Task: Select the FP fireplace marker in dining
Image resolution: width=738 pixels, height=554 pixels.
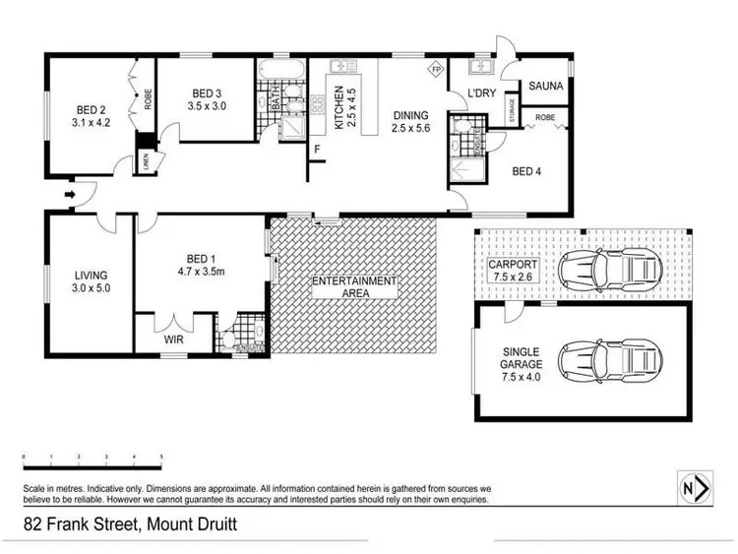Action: pyautogui.click(x=435, y=70)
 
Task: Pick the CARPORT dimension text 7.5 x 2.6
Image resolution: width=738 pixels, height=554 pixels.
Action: pyautogui.click(x=514, y=278)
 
